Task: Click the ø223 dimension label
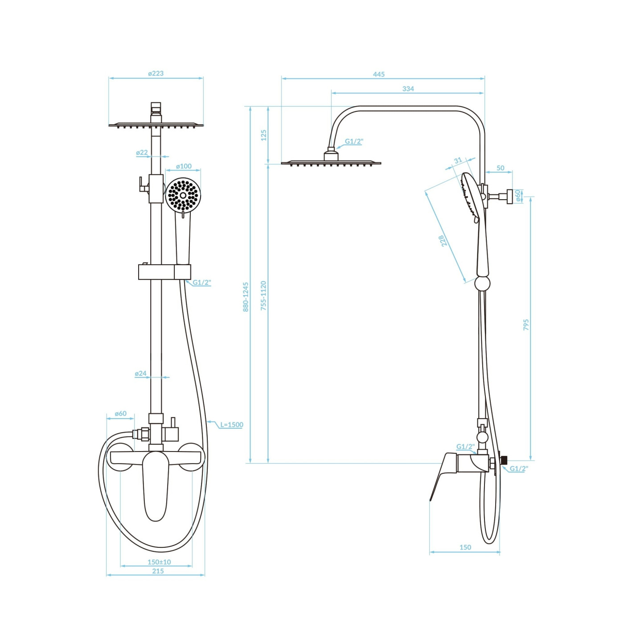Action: (156, 73)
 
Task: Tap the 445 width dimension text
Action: (378, 74)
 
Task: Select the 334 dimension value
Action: (408, 88)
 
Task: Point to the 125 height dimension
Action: (263, 135)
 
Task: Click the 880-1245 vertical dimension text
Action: (246, 296)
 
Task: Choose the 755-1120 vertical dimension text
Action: (263, 296)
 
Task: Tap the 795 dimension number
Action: (526, 324)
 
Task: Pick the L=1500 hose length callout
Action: (231, 424)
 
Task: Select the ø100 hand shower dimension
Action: (184, 166)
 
